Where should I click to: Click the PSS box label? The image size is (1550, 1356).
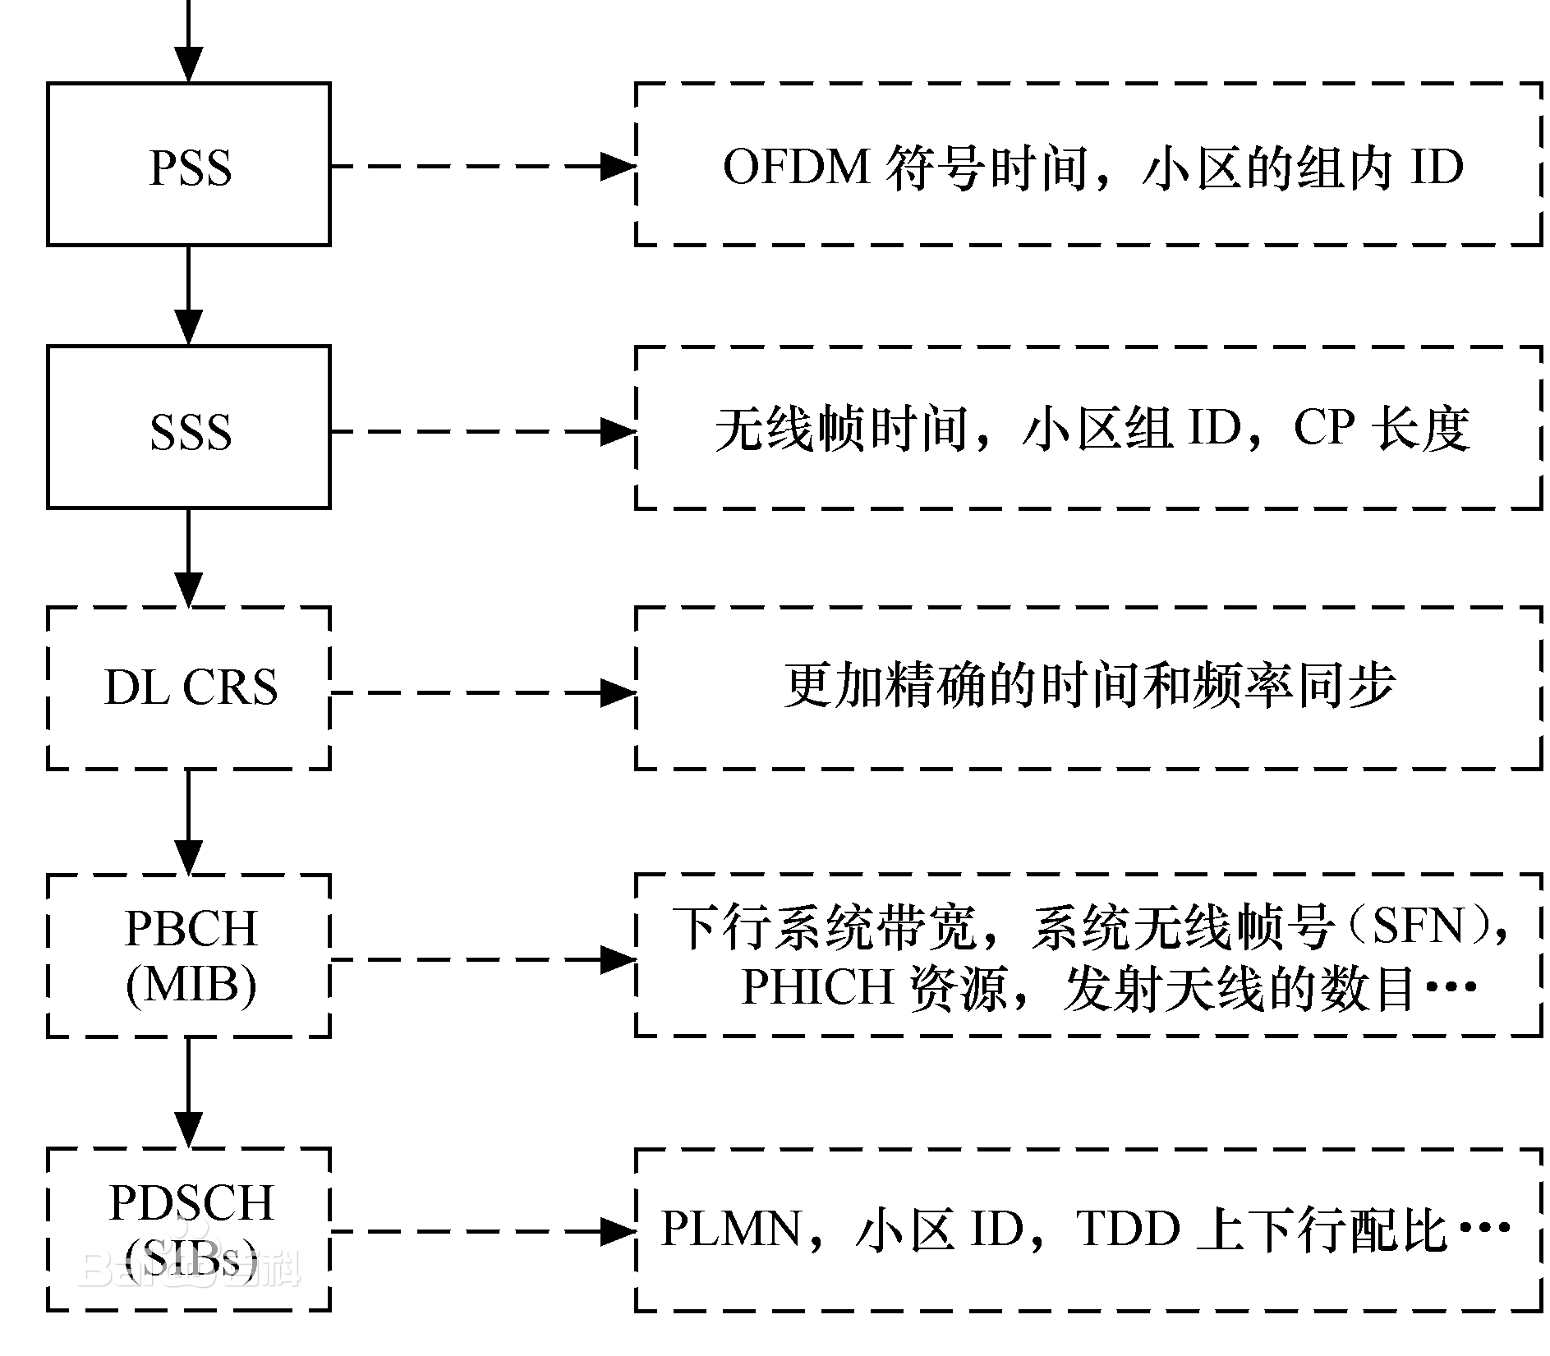[x=190, y=168]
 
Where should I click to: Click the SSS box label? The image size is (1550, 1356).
[x=190, y=432]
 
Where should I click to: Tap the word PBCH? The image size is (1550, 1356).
[x=191, y=928]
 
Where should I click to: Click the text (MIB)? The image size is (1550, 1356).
[x=191, y=984]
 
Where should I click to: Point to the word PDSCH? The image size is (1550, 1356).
[x=191, y=1202]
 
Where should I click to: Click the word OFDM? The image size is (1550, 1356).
[x=796, y=167]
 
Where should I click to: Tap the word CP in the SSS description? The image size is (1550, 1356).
[x=1323, y=428]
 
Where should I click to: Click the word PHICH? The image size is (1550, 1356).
[x=816, y=986]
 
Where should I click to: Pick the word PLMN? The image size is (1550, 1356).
[x=730, y=1230]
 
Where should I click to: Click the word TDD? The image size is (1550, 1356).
[x=1127, y=1230]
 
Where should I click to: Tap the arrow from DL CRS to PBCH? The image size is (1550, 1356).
[x=189, y=821]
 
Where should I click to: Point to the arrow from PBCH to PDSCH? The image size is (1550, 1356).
[x=189, y=1092]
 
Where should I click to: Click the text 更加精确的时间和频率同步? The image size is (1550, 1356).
[x=1089, y=687]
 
